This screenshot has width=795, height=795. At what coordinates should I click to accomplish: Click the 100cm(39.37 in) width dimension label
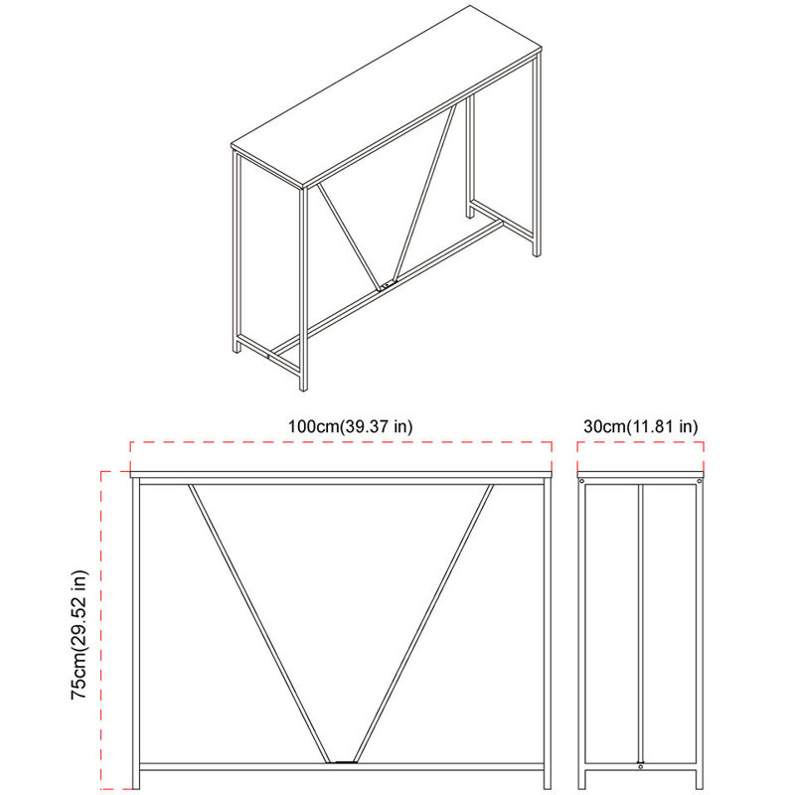[x=350, y=426]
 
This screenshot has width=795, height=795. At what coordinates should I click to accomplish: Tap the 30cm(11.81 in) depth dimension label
[x=641, y=426]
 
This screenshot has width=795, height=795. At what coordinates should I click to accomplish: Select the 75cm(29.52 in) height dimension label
[x=80, y=636]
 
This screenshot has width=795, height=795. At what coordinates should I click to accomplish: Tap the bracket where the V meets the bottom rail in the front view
[x=343, y=762]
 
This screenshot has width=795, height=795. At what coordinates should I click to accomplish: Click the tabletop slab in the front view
[x=342, y=474]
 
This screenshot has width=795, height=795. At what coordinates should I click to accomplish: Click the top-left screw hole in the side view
[x=584, y=484]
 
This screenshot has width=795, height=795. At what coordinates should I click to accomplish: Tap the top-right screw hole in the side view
[x=698, y=484]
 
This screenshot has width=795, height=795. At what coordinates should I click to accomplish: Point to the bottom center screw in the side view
[x=641, y=764]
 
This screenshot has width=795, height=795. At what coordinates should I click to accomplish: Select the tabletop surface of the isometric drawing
[x=388, y=94]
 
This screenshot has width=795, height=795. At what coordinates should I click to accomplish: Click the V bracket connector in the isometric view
[x=387, y=286]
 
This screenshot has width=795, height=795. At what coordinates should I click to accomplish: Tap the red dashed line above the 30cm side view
[x=641, y=444]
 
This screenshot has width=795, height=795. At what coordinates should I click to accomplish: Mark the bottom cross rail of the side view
[x=641, y=770]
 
